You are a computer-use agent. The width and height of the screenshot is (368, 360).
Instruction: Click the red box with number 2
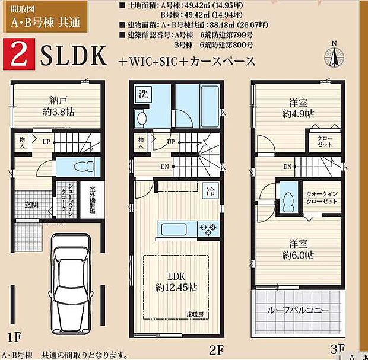click(18, 57)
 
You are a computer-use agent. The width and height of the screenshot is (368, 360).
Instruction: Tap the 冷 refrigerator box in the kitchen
click(211, 191)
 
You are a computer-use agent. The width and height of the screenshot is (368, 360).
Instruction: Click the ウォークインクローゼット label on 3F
click(322, 197)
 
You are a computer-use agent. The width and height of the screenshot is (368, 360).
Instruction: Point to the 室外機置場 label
click(93, 201)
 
